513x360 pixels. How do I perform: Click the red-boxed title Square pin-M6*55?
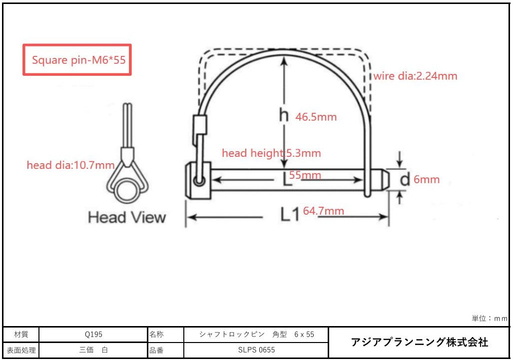pos(77,60)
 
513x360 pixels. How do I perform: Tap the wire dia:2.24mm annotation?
pos(415,76)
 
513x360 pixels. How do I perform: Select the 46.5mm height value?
pos(316,117)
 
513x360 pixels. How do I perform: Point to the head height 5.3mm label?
pos(271,153)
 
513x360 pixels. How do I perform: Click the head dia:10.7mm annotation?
pos(70,165)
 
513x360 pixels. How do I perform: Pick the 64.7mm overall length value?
pos(323,211)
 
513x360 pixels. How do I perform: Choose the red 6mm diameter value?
pos(427,180)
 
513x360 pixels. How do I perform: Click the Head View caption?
pos(127,218)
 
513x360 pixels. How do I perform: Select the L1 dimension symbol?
pos(290,215)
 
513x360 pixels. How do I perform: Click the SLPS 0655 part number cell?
pos(256,350)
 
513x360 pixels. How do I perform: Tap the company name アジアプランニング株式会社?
pos(420,343)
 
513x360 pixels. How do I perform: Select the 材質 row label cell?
pos(21,335)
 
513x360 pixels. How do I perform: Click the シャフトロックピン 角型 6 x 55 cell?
pos(256,335)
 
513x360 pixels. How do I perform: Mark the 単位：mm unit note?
pos(490,319)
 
